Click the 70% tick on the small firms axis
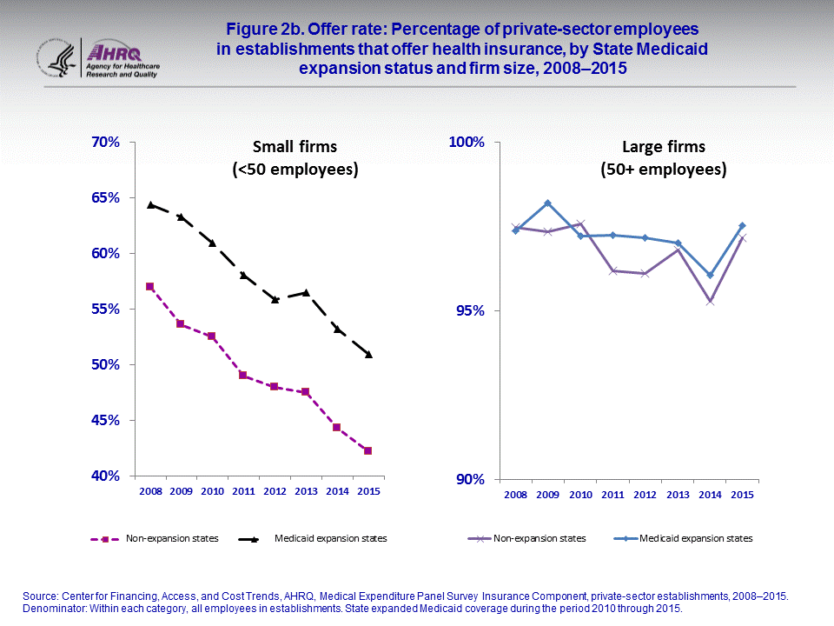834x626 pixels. pos(103,142)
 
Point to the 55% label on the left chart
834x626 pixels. pos(103,309)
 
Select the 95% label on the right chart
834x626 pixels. pos(468,310)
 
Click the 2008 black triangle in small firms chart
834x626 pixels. pos(150,204)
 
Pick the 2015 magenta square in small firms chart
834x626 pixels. pos(368,450)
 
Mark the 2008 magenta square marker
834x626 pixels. pos(150,286)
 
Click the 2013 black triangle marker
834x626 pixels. pos(306,292)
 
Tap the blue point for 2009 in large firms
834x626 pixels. pos(547,203)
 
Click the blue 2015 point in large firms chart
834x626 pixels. pos(743,226)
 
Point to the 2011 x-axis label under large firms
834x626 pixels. pos(612,495)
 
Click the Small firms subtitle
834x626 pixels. pos(295,158)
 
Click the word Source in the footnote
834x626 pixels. pos(40,596)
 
